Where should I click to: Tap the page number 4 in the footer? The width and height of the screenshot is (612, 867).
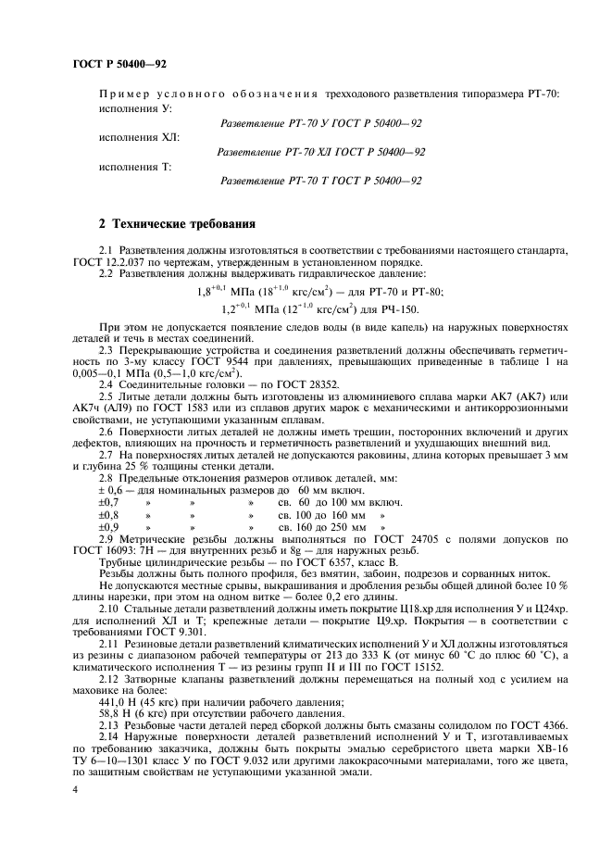point(73,788)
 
